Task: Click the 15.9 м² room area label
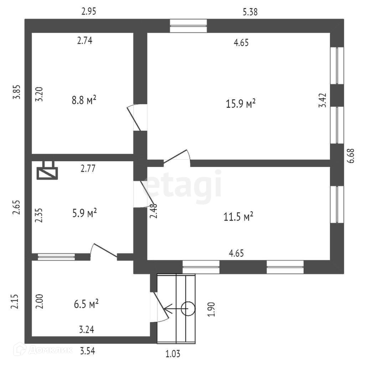click(x=241, y=103)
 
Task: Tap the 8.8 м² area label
click(x=84, y=100)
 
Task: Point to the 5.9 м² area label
click(x=84, y=213)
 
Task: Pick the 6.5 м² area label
click(x=86, y=304)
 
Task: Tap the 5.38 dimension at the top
click(x=250, y=12)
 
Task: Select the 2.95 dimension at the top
click(x=89, y=11)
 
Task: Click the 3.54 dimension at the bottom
click(x=87, y=351)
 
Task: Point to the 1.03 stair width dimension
click(x=173, y=354)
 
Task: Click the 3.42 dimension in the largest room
click(x=322, y=100)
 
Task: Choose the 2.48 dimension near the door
click(x=154, y=211)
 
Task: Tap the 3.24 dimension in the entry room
click(x=87, y=330)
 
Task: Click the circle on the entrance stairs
click(x=188, y=309)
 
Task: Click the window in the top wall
click(x=188, y=26)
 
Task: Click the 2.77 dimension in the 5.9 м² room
click(x=88, y=168)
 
